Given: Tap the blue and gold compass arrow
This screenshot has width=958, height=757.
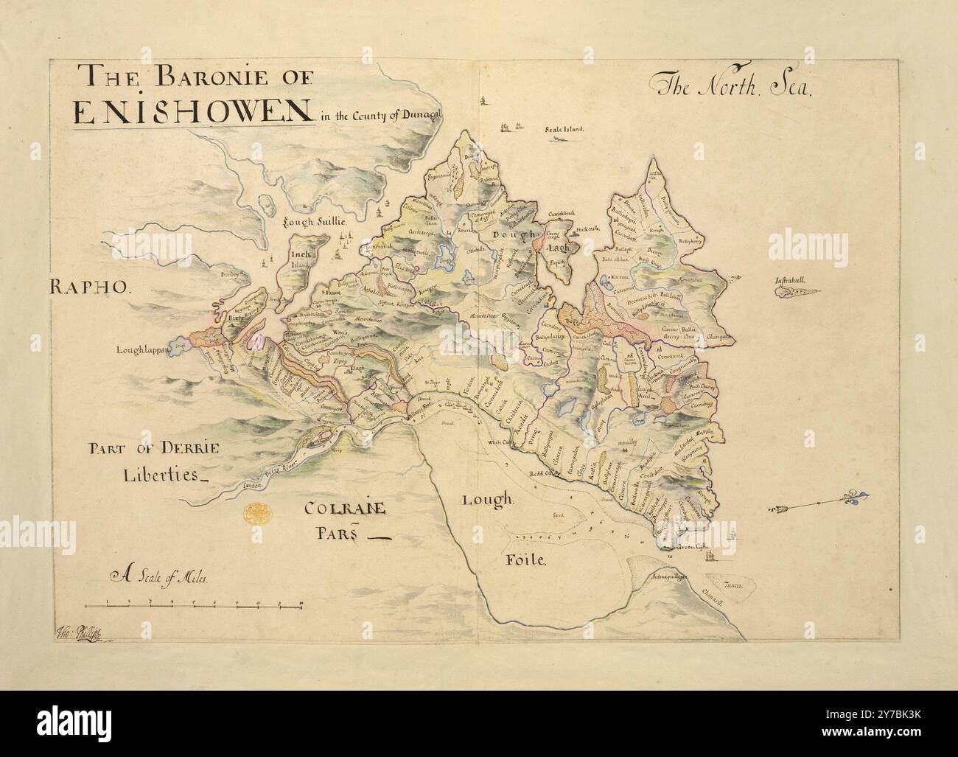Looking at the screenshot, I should click(818, 506).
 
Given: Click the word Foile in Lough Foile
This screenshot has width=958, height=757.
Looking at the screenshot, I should click(525, 561).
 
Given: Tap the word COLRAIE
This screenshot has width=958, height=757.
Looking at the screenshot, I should click(346, 509).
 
